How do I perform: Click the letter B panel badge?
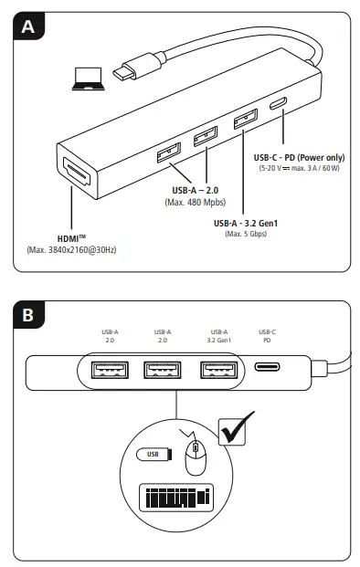29,317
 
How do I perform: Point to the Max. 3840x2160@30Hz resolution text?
66,249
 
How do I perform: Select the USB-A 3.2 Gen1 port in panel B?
218,372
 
